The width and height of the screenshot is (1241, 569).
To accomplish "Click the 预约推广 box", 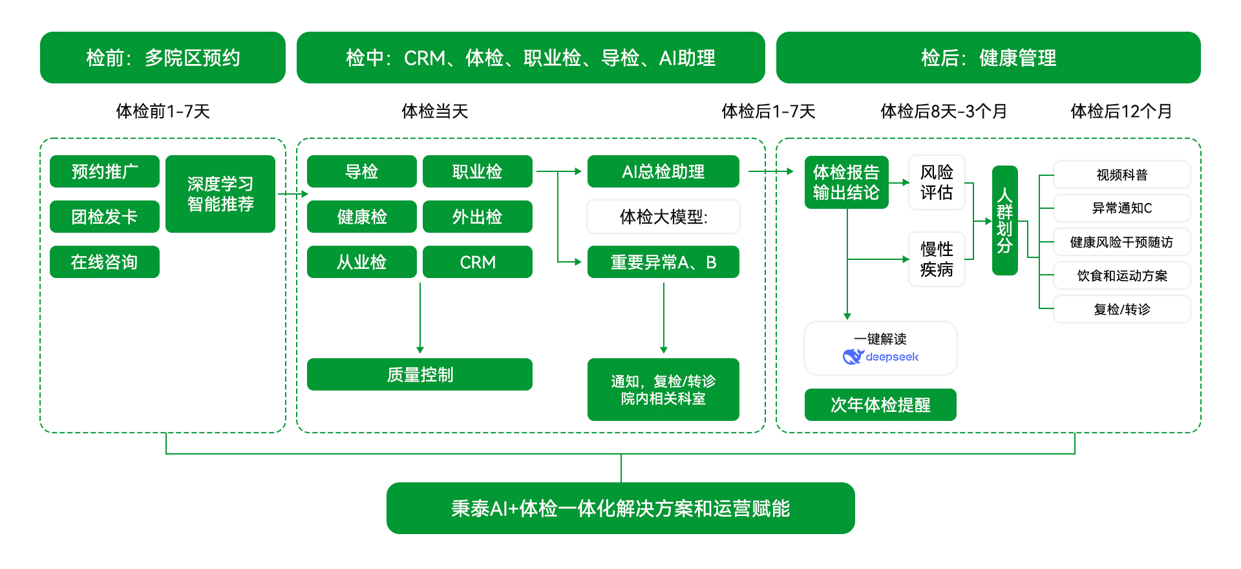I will point(104,171).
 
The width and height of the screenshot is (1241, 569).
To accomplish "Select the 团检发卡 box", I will point(104,217).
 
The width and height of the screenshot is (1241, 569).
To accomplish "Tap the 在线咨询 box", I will point(104,262).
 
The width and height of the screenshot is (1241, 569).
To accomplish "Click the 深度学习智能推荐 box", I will point(220,194).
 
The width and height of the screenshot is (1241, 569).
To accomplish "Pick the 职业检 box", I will point(477,171).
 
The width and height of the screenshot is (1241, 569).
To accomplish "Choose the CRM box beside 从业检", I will point(477,262).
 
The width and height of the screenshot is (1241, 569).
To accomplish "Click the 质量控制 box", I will point(419,374).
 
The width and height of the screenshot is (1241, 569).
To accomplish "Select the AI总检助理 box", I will point(663,171).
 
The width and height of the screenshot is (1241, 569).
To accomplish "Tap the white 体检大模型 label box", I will point(663,217).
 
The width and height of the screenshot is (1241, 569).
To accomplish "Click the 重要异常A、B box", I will point(663,262).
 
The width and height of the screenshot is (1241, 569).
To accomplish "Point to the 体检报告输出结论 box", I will point(846,182).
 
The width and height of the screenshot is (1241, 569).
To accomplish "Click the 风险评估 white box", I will point(936,182).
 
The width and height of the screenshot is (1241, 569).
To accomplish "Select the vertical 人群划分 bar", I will point(1004,220).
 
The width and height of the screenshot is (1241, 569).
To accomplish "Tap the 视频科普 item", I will point(1121,175).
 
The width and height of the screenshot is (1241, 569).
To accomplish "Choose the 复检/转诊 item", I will point(1121,309).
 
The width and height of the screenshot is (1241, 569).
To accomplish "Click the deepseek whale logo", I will point(853,356).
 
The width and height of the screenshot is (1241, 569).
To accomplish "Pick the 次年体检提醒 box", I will point(880,405).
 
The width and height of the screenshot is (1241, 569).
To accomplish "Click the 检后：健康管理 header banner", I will point(988,58).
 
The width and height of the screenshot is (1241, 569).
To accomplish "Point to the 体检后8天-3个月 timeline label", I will point(943,111).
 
